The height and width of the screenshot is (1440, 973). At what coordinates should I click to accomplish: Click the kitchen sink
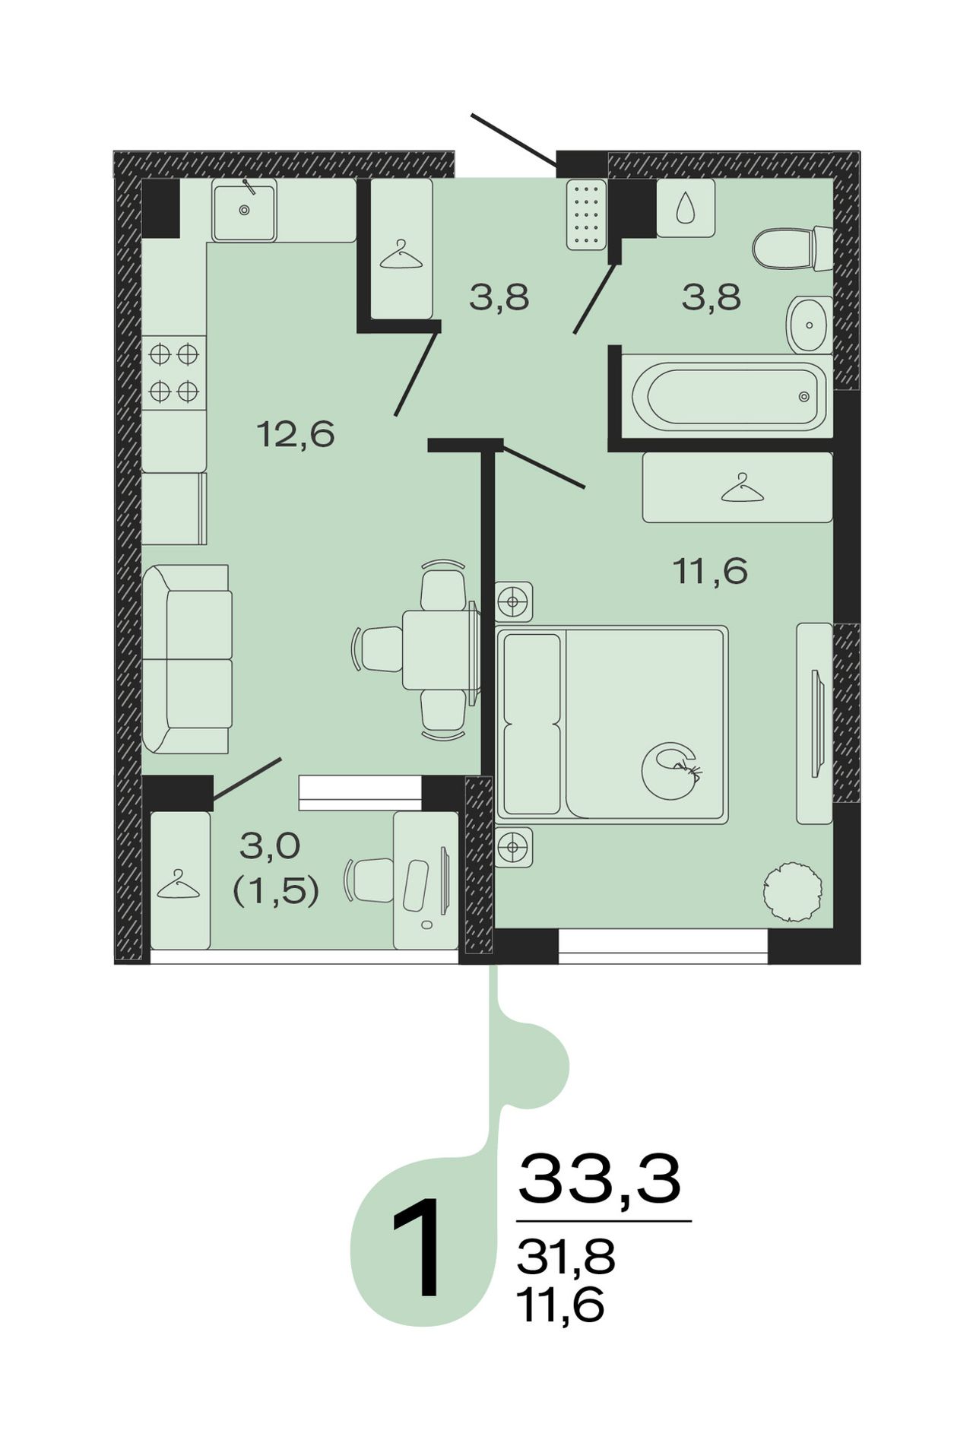pyautogui.click(x=244, y=211)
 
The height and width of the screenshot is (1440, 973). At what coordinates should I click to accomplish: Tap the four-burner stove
pyautogui.click(x=174, y=373)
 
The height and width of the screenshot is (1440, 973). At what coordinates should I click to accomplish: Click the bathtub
pyautogui.click(x=727, y=395)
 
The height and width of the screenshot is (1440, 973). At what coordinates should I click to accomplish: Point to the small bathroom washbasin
pyautogui.click(x=810, y=325)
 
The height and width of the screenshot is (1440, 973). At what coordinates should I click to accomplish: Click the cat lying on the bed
pyautogui.click(x=670, y=770)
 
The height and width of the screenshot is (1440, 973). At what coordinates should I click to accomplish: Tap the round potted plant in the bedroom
pyautogui.click(x=793, y=892)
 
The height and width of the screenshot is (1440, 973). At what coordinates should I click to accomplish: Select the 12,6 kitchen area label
pyautogui.click(x=296, y=435)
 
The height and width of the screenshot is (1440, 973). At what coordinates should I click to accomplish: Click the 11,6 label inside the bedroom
pyautogui.click(x=711, y=570)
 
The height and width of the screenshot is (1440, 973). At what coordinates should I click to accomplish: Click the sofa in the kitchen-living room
pyautogui.click(x=187, y=659)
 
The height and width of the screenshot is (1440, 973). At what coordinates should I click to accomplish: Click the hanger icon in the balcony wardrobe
pyautogui.click(x=178, y=885)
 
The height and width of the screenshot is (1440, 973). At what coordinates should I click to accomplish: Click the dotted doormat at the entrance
pyautogui.click(x=587, y=214)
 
